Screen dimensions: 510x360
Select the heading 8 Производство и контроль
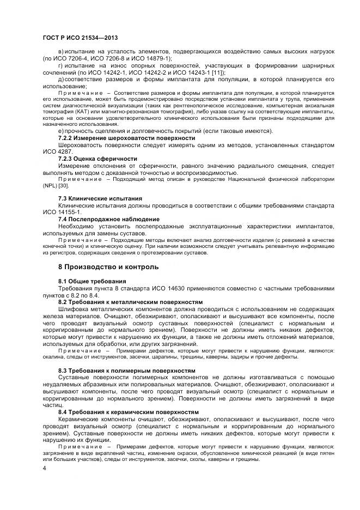[x=108, y=267]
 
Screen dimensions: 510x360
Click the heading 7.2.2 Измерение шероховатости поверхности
[x=126, y=138]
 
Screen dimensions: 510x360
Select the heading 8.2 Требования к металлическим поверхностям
[x=130, y=301]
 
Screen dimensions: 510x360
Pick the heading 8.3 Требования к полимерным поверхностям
[x=127, y=371]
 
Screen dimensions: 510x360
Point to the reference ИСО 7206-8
[x=115, y=58]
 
